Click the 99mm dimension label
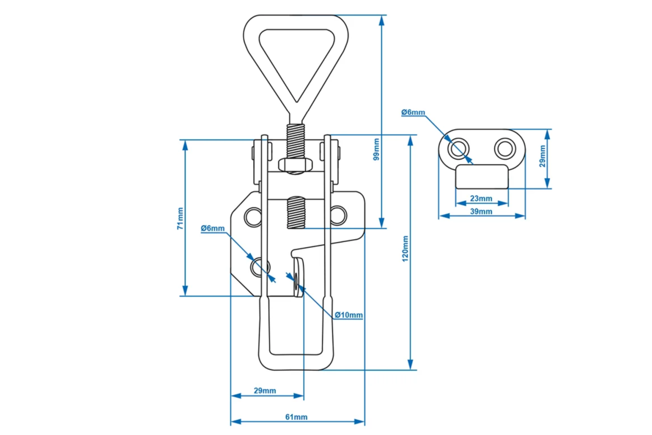click(376, 149)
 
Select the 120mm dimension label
click(405, 249)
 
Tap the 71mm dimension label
click(180, 218)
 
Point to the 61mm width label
click(296, 417)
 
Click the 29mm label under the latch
click(265, 391)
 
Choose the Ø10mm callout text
click(349, 315)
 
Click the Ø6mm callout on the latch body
click(213, 228)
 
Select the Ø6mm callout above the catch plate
click(413, 112)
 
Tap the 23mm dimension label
click(481, 198)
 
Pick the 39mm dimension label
click(481, 211)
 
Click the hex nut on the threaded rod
click(295, 165)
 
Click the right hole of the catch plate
click(505, 149)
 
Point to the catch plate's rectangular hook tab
click(482, 177)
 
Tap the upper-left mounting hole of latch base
click(253, 217)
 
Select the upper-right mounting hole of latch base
click(339, 216)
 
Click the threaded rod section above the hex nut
click(296, 141)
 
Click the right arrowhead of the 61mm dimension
click(359, 422)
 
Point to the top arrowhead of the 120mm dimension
click(410, 141)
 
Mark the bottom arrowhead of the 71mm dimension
click(185, 291)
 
